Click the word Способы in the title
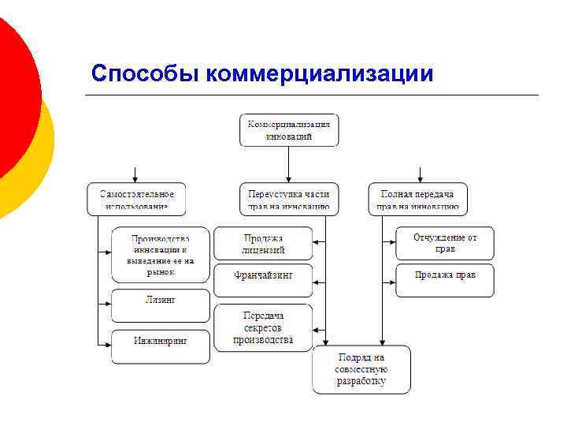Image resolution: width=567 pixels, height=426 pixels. coord(145,73)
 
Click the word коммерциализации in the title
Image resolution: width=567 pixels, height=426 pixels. coord(319,73)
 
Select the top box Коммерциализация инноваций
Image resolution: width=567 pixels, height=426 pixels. coord(289,130)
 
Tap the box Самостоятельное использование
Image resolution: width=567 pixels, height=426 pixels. coord(136,200)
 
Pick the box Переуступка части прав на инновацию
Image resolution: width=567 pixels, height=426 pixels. coord(289,200)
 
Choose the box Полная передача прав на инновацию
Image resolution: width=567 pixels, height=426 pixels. coord(418,200)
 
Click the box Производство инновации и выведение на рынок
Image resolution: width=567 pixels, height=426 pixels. coord(161,255)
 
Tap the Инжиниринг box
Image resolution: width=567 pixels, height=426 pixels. coord(161,346)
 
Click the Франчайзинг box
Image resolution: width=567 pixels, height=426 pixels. coord(263,276)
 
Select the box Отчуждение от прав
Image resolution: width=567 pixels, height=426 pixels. coord(445,243)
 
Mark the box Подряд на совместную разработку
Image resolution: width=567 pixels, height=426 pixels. coord(361,368)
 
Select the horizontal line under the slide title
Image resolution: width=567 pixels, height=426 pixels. coord(315,95)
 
